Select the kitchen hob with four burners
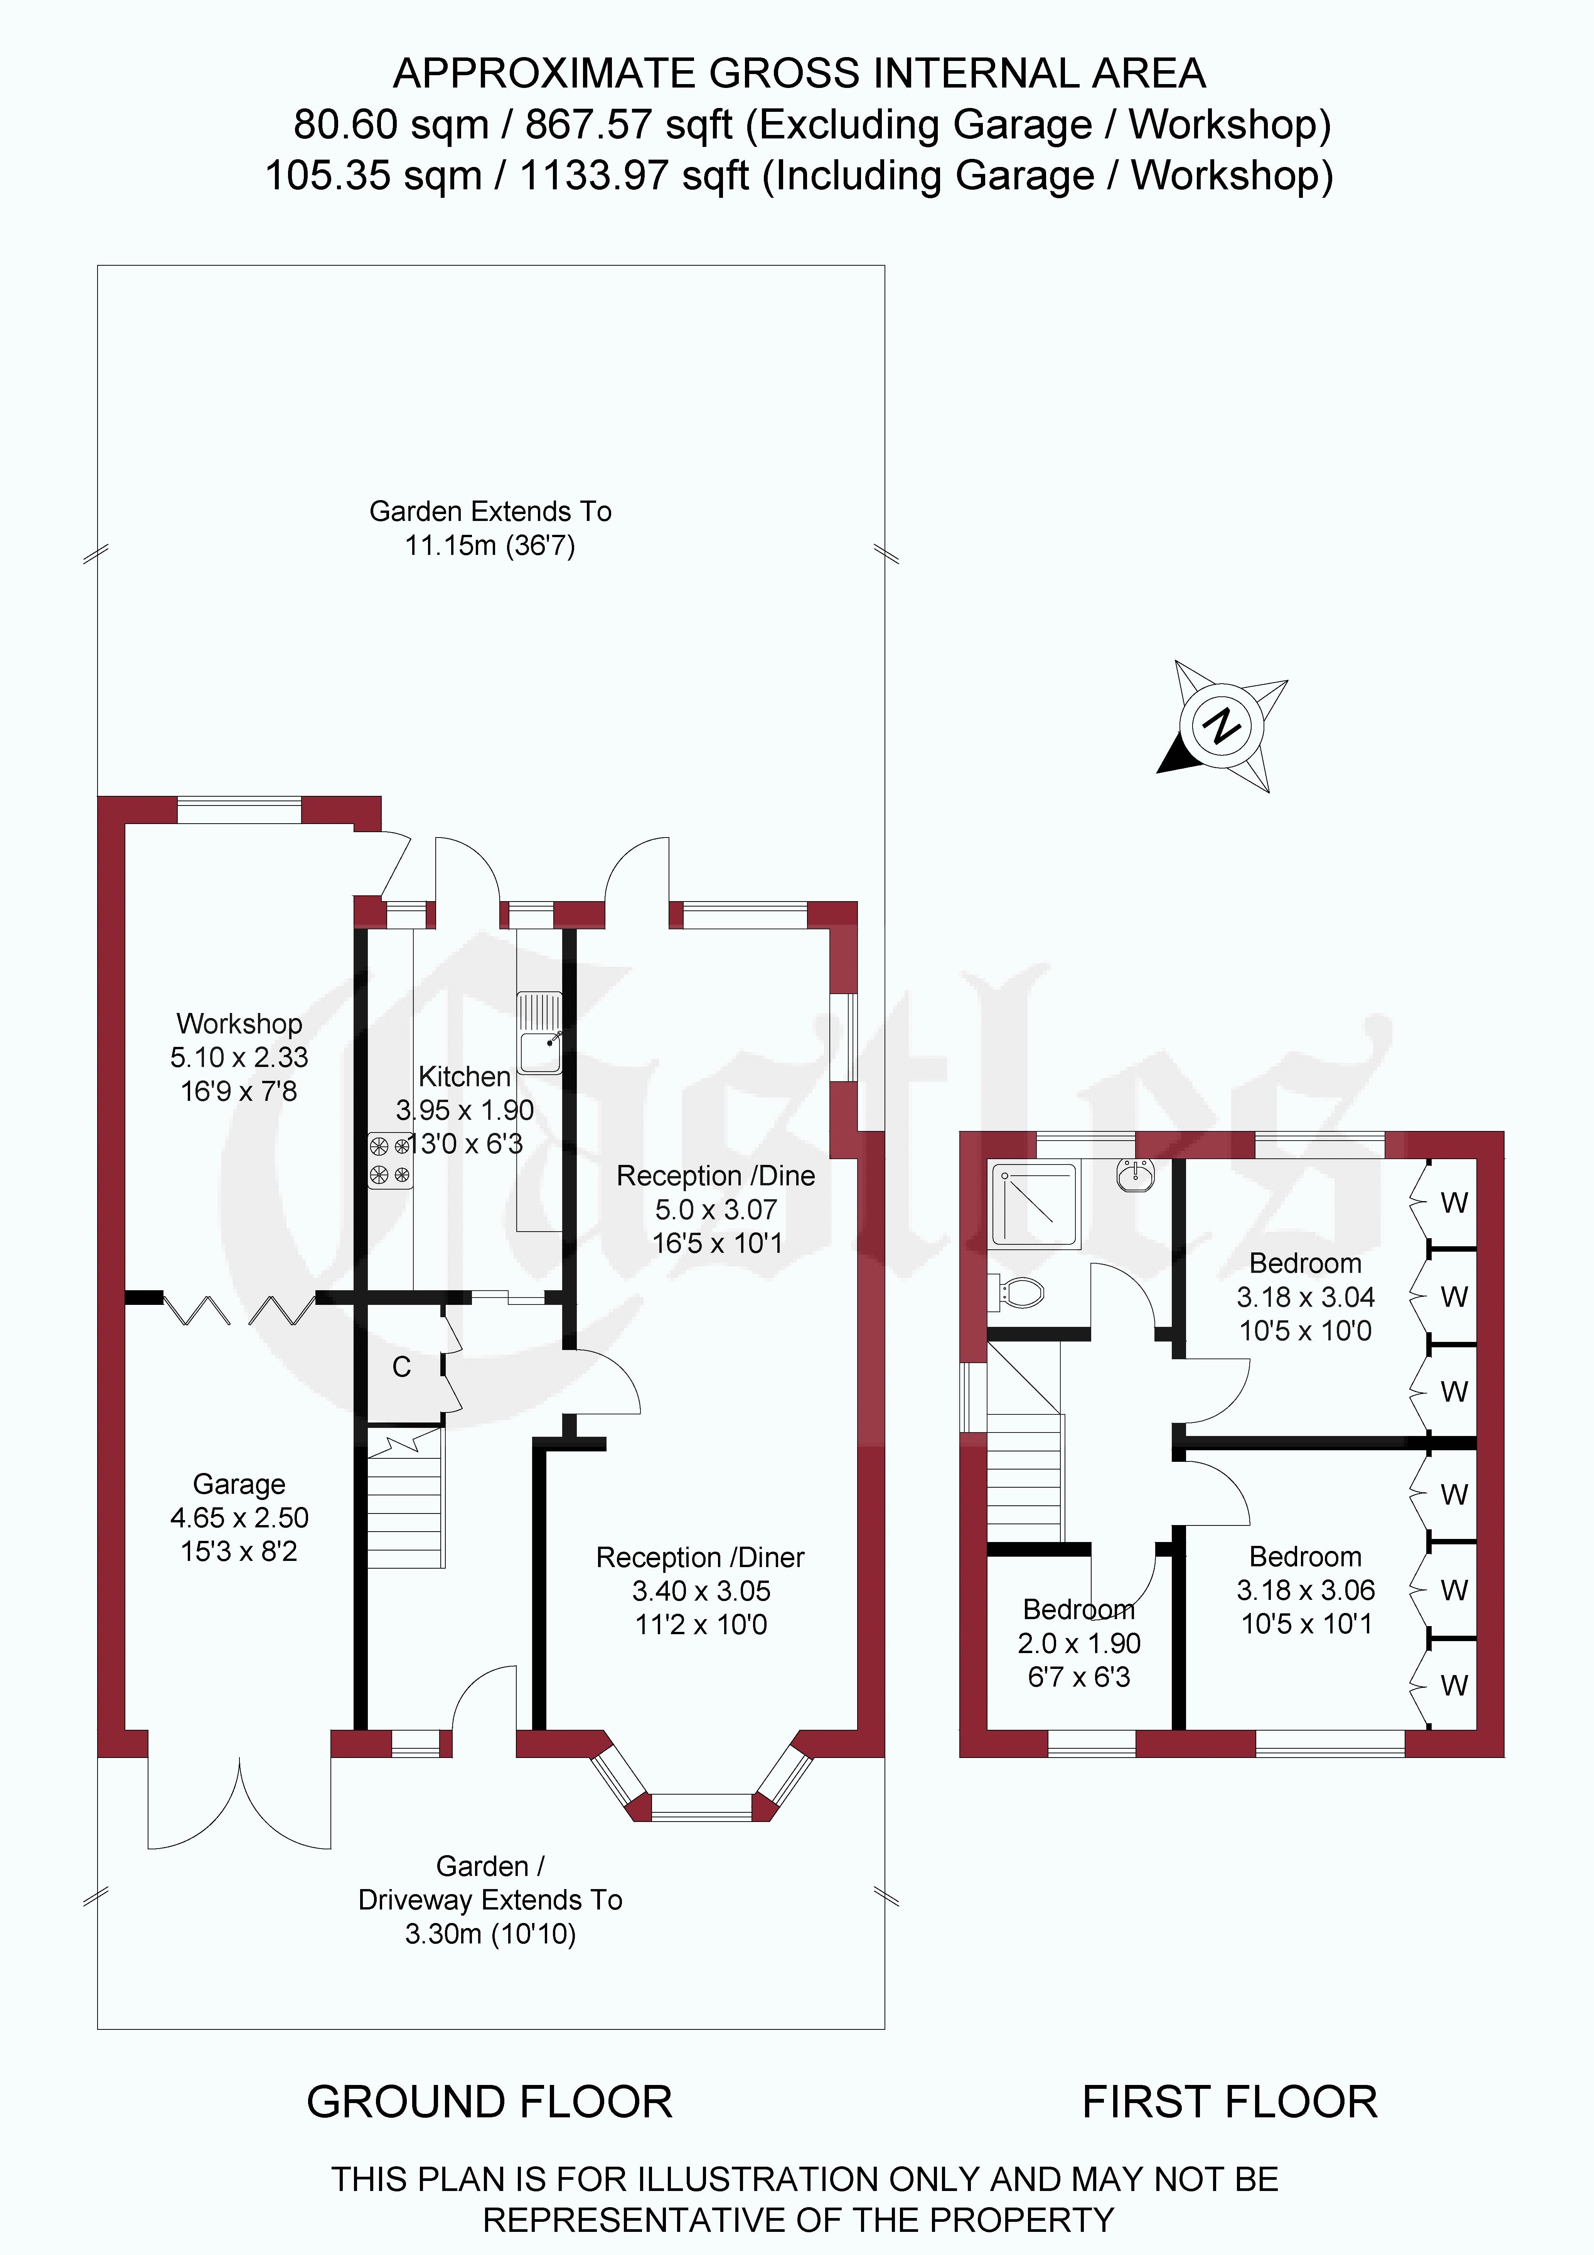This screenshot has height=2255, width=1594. [390, 1160]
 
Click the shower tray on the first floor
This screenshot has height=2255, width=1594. [1036, 1205]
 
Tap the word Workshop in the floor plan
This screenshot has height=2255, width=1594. [239, 1023]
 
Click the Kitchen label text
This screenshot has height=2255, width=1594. [465, 1077]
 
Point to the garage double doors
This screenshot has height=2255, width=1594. [239, 1802]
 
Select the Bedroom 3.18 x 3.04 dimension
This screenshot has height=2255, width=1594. [1305, 1298]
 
